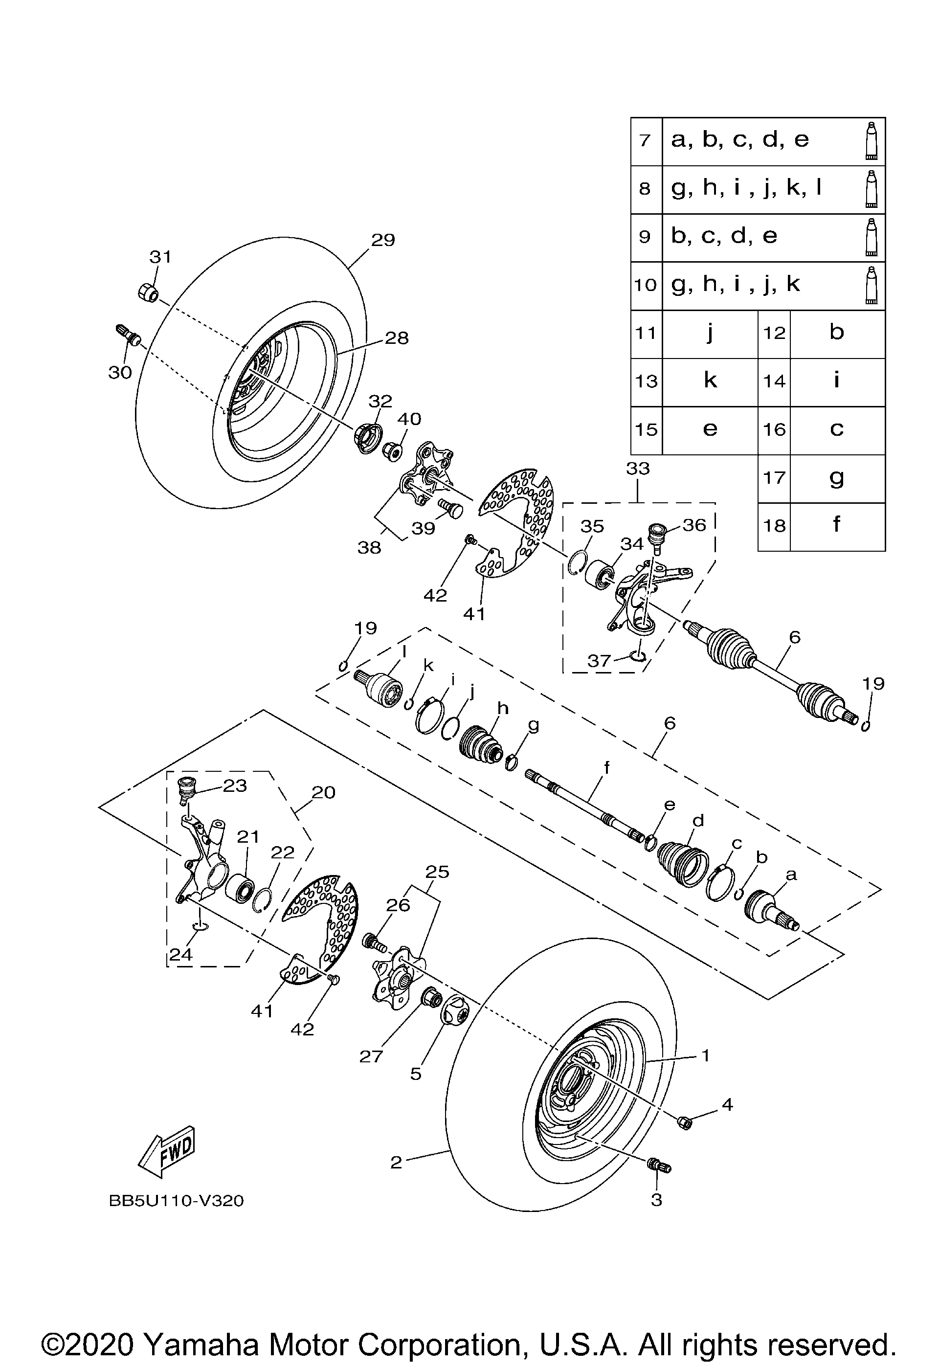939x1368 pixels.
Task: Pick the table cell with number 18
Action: (x=774, y=526)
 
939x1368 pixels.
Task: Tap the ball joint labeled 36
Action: (x=657, y=535)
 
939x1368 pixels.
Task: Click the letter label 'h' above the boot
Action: (x=502, y=708)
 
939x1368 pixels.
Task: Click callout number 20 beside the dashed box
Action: (x=323, y=792)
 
